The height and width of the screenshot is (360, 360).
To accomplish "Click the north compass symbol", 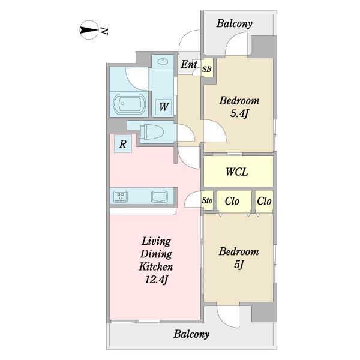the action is [89, 30].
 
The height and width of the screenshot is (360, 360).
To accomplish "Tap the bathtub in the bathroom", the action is [130, 104].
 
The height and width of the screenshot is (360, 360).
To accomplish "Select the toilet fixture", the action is [152, 132].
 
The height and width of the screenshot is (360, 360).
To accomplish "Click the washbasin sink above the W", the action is [163, 61].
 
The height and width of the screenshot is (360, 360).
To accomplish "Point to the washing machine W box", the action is [163, 107].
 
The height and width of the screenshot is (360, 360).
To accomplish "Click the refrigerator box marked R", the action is [123, 144].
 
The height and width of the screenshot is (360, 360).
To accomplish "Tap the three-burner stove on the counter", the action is [121, 197].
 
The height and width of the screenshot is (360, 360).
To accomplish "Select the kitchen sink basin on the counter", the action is [160, 197].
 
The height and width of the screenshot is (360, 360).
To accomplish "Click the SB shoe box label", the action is [207, 69].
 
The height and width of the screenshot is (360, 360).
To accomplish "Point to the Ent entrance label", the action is [189, 64].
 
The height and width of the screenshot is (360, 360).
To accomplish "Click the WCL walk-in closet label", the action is [237, 172].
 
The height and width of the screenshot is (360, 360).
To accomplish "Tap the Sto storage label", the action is [207, 200].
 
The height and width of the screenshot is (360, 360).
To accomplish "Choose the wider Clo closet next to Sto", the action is [232, 201].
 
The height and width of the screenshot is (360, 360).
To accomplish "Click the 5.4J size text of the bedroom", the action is [239, 113].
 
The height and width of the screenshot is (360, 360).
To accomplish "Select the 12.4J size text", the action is [157, 280].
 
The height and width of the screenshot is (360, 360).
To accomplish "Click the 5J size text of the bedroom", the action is [239, 265].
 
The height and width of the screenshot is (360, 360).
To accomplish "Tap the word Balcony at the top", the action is [234, 23].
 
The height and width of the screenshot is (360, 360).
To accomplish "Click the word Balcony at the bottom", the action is [191, 334].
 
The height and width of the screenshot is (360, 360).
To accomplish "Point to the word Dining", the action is [156, 254].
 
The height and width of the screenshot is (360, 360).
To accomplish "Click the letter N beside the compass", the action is [104, 31].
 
